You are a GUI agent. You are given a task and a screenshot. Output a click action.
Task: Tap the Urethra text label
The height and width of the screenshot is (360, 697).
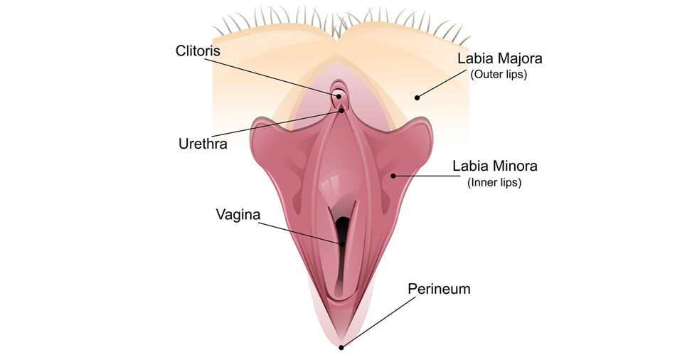(202, 144)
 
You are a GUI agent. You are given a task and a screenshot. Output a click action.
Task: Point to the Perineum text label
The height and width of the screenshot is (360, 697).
(439, 289)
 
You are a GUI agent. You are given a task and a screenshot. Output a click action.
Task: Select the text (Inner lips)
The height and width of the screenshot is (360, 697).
(494, 183)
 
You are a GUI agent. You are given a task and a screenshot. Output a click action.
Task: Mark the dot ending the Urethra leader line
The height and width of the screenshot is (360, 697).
(342, 110)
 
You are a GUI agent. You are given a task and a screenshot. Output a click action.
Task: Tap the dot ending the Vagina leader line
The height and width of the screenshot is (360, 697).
(342, 244)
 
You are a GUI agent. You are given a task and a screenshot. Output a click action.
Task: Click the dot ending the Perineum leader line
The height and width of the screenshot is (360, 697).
(342, 347)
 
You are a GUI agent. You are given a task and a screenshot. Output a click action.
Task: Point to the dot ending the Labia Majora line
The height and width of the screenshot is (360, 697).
(417, 97)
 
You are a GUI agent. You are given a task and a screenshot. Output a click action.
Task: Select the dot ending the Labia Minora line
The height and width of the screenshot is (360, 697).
(393, 175)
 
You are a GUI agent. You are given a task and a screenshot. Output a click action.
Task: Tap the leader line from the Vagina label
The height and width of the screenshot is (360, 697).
(299, 233)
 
